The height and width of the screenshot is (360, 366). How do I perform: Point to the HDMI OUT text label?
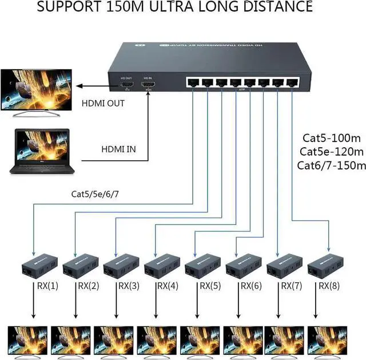click(x=103, y=104)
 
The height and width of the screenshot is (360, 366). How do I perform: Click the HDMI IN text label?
click(x=118, y=149)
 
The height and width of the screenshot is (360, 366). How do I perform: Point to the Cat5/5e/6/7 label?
click(x=95, y=194)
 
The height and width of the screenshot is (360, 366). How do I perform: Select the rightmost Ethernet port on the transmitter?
click(x=293, y=81)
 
